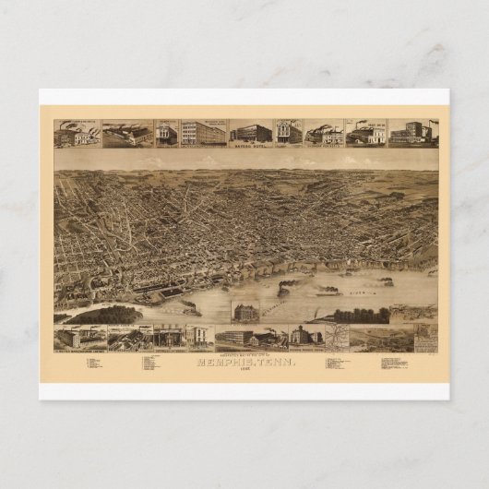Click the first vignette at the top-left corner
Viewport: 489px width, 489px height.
[x=78, y=134]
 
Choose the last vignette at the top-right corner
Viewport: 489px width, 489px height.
[x=412, y=133]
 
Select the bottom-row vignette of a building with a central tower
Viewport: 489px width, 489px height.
[x=305, y=335]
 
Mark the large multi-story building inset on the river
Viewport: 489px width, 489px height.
[x=248, y=313]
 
